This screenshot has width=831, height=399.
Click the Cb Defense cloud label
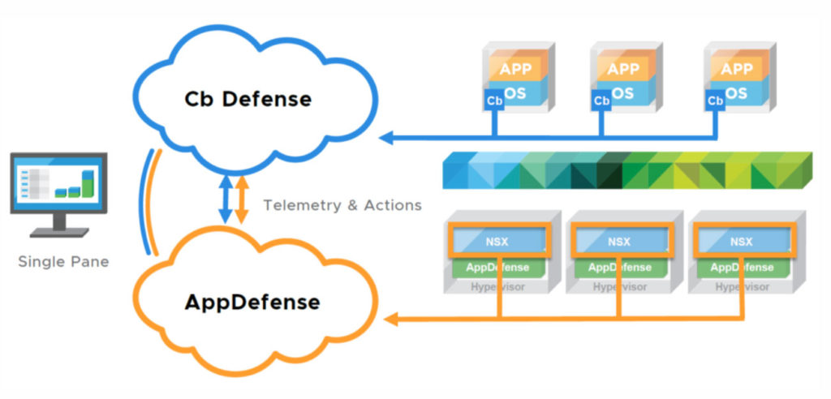(x=248, y=99)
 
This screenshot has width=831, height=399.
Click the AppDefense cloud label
(x=252, y=302)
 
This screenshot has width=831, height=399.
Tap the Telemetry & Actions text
(x=342, y=205)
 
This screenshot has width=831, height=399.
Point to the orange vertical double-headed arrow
(x=242, y=200)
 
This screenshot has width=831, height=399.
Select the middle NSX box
(x=620, y=242)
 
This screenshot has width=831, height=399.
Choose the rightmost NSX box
(x=741, y=242)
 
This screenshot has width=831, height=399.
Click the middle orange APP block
(x=623, y=69)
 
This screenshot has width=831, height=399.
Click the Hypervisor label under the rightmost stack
(x=741, y=286)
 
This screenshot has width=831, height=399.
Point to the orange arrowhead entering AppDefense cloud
(x=393, y=320)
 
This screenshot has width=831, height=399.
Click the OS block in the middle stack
(x=623, y=93)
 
